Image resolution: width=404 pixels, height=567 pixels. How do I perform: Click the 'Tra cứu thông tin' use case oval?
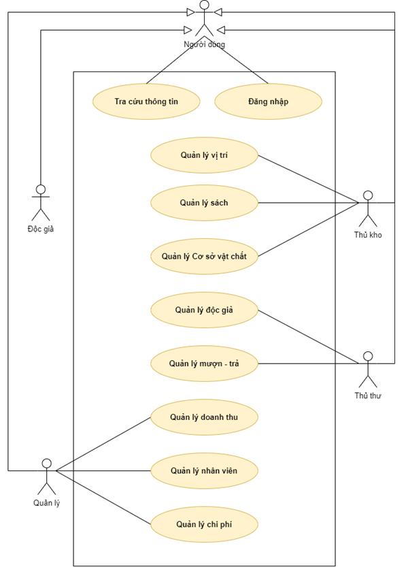pos(146,102)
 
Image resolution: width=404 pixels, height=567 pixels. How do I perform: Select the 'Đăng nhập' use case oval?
pos(268,102)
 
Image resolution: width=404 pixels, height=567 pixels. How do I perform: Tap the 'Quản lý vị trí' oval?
pos(204,155)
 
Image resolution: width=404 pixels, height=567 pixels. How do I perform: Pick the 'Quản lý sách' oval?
pos(204,203)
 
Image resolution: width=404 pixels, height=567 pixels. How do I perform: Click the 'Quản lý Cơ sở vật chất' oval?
pos(204,257)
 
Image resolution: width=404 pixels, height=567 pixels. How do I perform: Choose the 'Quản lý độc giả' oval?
pos(204,310)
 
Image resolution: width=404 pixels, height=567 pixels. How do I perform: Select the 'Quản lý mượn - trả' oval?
pos(204,363)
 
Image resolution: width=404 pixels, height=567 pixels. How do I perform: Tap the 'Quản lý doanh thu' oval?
pos(204,417)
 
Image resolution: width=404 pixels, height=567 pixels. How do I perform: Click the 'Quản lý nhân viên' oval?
pos(204,470)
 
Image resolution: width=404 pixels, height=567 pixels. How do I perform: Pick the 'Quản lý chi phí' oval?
pos(204,524)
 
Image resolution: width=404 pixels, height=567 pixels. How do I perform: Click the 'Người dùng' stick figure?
pos(204,18)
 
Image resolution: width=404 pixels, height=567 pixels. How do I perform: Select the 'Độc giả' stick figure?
pos(41,202)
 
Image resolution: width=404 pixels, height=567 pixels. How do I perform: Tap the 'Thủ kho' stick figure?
pos(368,208)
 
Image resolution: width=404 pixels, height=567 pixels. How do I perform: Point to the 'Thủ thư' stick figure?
pos(368,369)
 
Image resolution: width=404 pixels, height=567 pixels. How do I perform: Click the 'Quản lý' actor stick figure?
pos(46,476)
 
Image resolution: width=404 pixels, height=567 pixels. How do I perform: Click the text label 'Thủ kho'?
pos(368,235)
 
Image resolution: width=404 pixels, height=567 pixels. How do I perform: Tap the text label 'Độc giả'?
pos(41,229)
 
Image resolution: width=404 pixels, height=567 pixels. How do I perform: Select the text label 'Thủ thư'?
pos(368,395)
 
